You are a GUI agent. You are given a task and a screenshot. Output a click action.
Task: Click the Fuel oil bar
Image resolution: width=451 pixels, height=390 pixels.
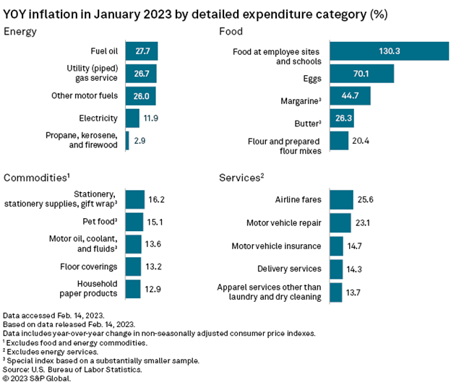click(x=141, y=51)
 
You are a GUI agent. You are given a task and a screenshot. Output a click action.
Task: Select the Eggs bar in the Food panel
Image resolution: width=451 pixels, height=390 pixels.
click(x=361, y=74)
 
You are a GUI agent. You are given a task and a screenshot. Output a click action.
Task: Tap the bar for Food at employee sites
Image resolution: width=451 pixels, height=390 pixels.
click(x=389, y=51)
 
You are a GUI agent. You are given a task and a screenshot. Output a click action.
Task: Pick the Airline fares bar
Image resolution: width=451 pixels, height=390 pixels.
click(x=341, y=200)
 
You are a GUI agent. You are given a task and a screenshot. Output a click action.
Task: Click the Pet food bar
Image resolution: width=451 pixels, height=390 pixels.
click(x=134, y=222)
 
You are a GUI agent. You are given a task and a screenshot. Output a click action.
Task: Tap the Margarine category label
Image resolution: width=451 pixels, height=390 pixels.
click(x=298, y=96)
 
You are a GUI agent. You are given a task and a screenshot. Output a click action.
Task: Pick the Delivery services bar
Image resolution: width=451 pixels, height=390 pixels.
click(x=336, y=269)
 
